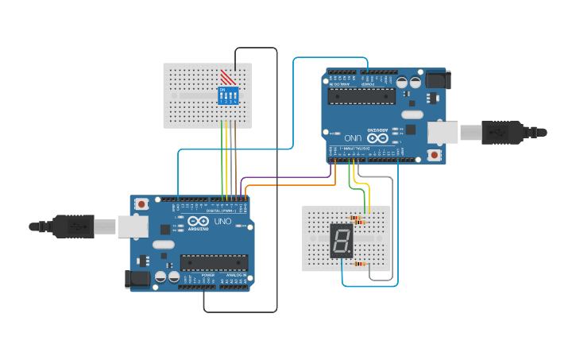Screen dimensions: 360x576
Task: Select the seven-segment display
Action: [341, 240]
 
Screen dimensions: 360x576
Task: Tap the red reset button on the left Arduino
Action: [141, 204]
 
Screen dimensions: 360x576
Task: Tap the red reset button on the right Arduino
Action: [435, 156]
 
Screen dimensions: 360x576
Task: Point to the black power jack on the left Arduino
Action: [137, 278]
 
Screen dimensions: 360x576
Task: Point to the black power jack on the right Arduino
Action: [438, 79]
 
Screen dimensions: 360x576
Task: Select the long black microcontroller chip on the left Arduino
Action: [214, 263]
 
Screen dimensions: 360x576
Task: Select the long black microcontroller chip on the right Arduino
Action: [361, 96]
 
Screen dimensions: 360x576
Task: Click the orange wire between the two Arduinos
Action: [286, 185]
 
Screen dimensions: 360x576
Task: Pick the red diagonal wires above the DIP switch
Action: [228, 77]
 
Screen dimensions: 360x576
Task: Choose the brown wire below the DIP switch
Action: [236, 159]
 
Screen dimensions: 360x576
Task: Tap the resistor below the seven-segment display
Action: [361, 264]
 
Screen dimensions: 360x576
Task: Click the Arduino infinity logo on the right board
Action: [378, 137]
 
